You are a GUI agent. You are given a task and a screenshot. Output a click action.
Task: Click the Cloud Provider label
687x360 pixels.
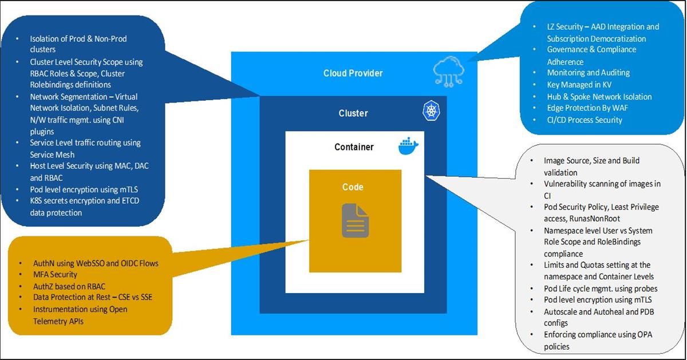(x=353, y=73)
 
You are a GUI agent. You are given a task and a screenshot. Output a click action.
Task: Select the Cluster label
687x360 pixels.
(x=353, y=113)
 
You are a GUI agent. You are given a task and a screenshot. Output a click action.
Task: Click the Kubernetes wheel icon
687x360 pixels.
(x=431, y=111)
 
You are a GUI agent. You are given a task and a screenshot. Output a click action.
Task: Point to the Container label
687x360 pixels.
(x=354, y=147)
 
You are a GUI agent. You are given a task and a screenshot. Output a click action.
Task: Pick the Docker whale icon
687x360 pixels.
(x=408, y=147)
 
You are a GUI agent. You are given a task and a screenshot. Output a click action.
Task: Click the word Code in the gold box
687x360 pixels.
(x=353, y=187)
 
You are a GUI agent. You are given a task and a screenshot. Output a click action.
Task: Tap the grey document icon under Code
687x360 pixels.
(x=355, y=220)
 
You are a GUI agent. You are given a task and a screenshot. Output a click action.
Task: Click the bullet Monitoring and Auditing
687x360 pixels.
(x=588, y=73)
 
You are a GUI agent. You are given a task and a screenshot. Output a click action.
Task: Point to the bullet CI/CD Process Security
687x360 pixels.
(x=584, y=120)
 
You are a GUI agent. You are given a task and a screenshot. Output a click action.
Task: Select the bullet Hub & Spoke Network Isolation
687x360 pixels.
(x=599, y=97)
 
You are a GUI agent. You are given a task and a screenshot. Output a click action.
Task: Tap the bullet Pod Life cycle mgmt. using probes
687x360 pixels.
(x=601, y=288)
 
